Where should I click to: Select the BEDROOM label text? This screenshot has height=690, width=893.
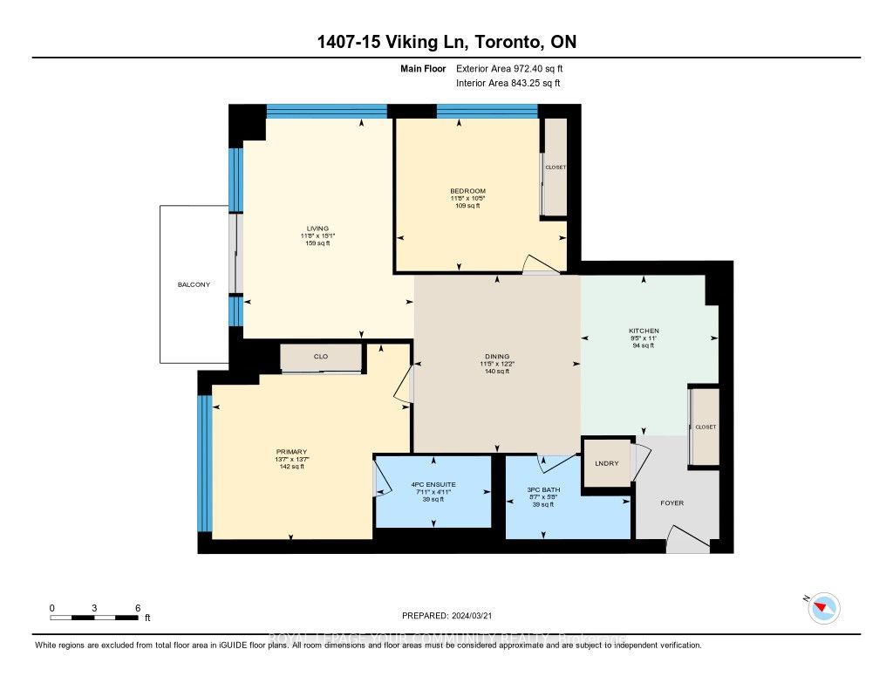(x=467, y=191)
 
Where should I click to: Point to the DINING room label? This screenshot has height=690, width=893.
(x=496, y=356)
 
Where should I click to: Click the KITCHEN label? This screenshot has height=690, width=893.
(x=644, y=331)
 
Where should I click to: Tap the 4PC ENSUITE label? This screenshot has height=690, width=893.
(x=433, y=484)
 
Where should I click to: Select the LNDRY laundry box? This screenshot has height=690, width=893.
(x=606, y=462)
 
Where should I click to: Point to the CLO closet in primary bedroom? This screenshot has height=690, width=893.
(x=320, y=357)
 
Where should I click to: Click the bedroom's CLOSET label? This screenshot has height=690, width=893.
(x=556, y=167)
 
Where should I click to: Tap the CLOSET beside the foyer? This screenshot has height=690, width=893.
(x=705, y=427)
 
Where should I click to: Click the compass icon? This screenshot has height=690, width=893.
(x=823, y=607)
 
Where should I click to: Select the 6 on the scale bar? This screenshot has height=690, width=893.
(x=137, y=607)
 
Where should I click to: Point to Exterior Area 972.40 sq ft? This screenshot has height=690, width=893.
(x=515, y=68)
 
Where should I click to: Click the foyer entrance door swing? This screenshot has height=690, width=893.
(x=685, y=539)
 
